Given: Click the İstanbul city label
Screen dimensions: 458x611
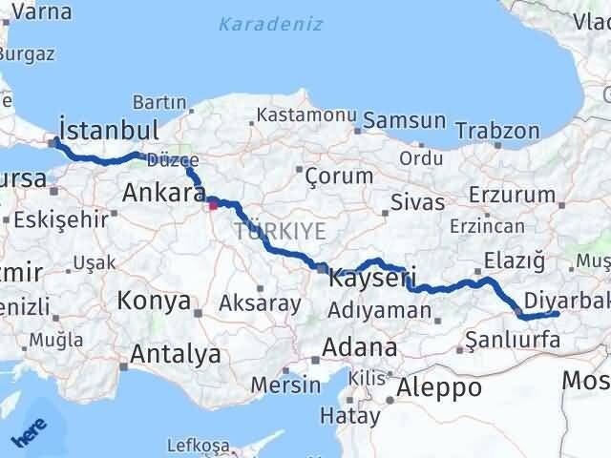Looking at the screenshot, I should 108,129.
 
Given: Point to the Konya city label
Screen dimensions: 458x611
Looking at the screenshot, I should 153,302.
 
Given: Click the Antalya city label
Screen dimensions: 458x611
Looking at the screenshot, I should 176,355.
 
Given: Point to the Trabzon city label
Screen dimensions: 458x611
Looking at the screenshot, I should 492,129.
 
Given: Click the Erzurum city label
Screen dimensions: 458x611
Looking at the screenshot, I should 519,196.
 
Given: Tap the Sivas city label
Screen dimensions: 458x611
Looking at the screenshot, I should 419,202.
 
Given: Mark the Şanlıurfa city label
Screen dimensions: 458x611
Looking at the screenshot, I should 508,338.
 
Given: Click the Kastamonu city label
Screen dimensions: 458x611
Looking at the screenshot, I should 305,116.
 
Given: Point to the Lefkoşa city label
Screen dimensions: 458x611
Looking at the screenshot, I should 199,446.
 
